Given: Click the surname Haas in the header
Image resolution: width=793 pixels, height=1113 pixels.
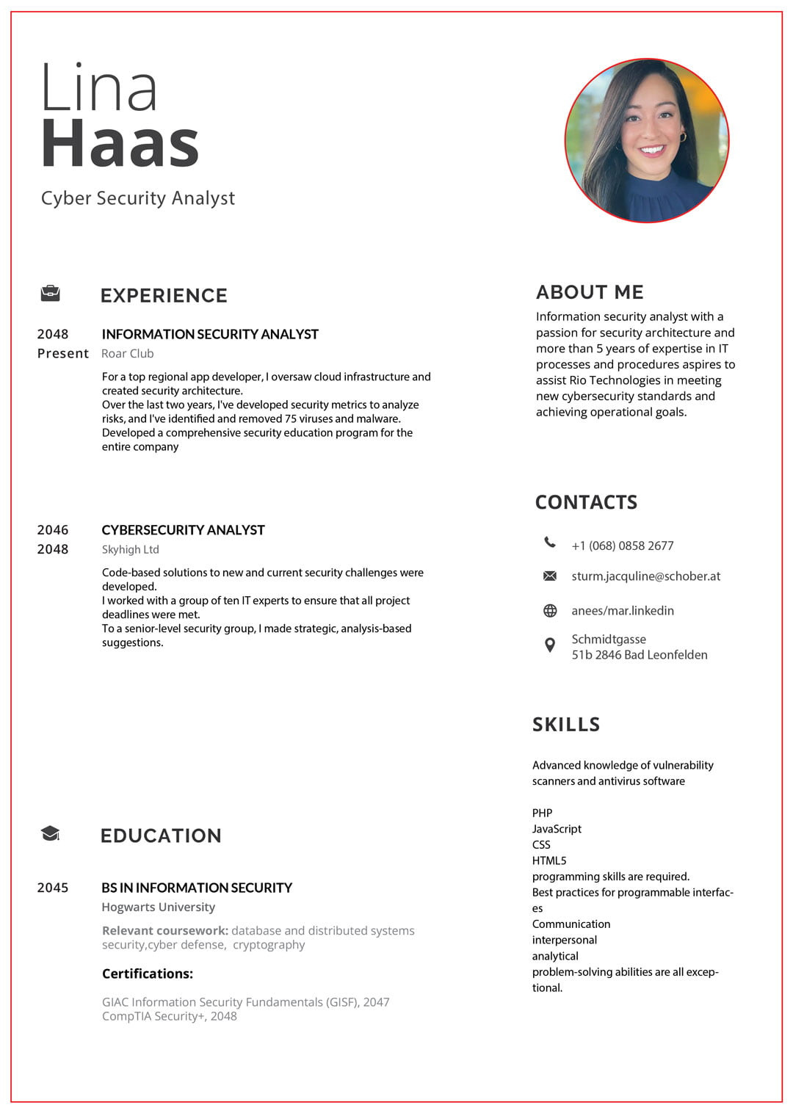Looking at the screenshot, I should [x=120, y=143].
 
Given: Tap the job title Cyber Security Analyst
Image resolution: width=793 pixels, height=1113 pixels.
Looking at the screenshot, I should [x=138, y=198].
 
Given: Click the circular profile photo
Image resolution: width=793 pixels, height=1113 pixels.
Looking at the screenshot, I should [x=646, y=140].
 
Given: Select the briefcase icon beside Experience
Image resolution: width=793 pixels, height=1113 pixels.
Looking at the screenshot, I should [x=50, y=294].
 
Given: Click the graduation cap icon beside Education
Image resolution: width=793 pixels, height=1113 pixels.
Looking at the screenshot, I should [x=50, y=833].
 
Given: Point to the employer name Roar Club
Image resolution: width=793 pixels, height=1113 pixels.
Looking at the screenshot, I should [x=128, y=353].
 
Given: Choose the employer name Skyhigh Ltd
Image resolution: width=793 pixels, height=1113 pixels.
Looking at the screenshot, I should [x=130, y=549].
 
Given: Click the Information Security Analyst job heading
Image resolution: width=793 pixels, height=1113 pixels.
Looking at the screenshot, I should [x=210, y=334].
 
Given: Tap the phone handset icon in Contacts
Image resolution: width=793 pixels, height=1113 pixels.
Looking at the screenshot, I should [x=550, y=543].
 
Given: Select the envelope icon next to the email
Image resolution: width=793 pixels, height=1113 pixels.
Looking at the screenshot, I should [x=550, y=576].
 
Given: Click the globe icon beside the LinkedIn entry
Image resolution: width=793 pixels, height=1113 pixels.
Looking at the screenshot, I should [x=550, y=611].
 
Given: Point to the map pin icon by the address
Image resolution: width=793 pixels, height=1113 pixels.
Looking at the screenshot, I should [x=550, y=645].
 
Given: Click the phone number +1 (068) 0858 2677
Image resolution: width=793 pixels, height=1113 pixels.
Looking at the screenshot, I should [x=623, y=545].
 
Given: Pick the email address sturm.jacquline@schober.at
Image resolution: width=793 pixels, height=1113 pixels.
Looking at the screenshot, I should [x=646, y=576].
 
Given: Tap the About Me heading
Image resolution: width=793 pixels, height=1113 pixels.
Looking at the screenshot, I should [x=590, y=292].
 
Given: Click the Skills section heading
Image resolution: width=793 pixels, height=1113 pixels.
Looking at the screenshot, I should [x=566, y=725].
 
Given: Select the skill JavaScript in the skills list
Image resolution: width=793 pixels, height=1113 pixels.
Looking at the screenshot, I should [x=557, y=829].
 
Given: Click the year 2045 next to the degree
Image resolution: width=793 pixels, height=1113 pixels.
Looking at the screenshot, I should [x=53, y=888].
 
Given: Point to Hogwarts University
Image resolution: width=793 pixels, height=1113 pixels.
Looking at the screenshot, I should [x=159, y=907].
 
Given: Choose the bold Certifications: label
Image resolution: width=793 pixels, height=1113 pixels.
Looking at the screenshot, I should [x=148, y=974].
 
